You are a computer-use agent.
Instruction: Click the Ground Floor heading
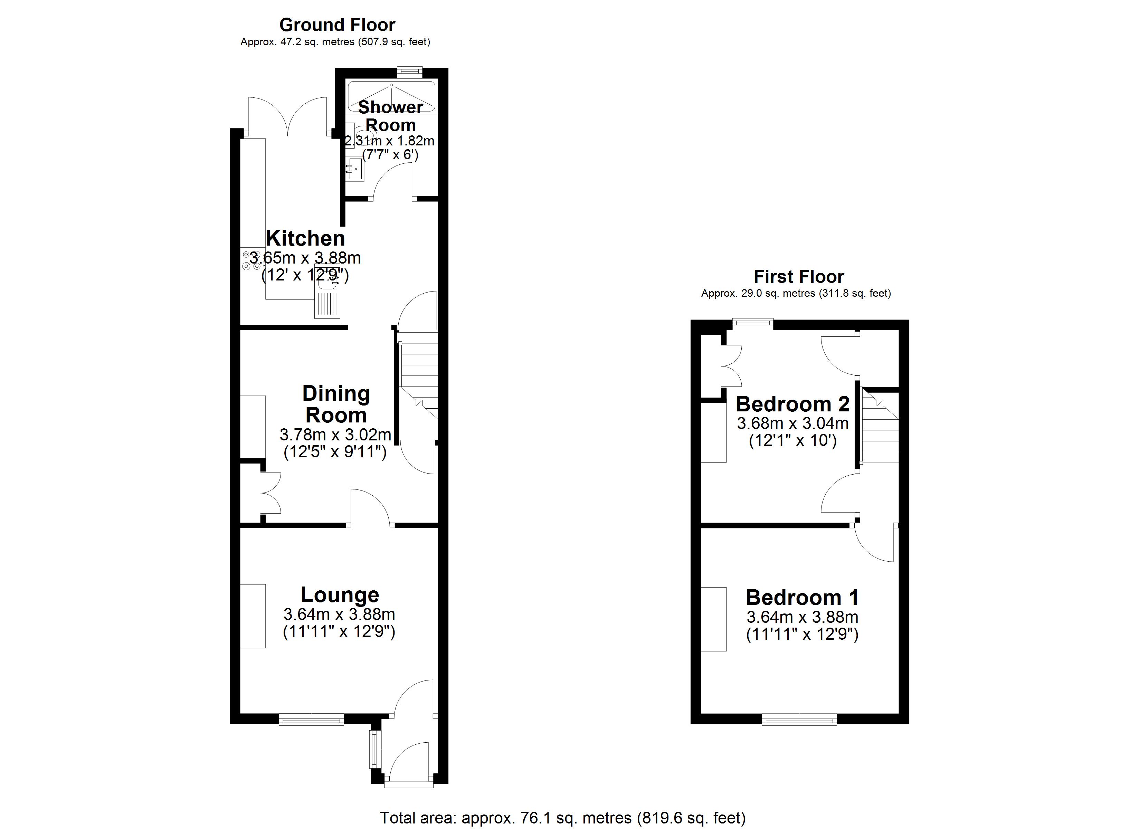[x=337, y=25]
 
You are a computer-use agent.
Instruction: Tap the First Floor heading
[x=799, y=276]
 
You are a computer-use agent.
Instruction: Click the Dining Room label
[x=336, y=404]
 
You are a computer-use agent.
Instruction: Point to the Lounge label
[x=340, y=595]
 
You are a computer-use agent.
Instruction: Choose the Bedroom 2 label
[x=793, y=404]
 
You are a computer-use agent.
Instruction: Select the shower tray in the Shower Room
[x=391, y=96]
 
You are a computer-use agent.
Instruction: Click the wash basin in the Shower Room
[x=355, y=169]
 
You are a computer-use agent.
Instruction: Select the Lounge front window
[x=311, y=720]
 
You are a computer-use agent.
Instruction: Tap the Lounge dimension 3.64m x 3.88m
[x=339, y=614]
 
